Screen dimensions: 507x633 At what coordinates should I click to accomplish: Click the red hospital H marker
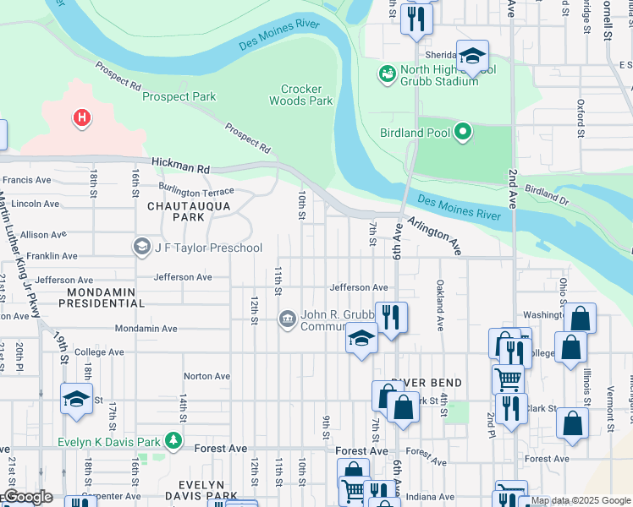click(x=82, y=117)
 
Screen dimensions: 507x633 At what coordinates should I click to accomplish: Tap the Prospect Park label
click(x=179, y=97)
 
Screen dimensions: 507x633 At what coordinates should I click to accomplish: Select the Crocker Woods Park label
click(x=301, y=95)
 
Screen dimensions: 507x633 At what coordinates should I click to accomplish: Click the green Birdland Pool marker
click(x=462, y=131)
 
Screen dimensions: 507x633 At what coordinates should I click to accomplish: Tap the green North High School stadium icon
click(x=388, y=74)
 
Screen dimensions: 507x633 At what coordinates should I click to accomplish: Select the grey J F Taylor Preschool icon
click(x=141, y=248)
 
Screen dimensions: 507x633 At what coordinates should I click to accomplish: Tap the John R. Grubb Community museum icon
click(x=287, y=319)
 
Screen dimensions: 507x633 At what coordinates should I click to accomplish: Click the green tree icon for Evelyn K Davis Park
click(x=173, y=441)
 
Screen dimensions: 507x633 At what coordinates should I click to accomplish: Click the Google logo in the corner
click(x=27, y=497)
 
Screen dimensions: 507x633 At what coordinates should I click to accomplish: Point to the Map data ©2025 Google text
click(x=580, y=500)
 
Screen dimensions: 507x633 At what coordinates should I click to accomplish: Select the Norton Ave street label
click(x=206, y=376)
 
